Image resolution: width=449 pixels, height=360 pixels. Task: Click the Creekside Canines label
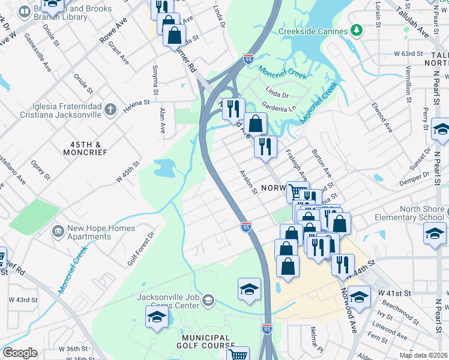313,31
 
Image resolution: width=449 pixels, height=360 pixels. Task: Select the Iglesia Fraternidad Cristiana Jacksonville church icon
109,109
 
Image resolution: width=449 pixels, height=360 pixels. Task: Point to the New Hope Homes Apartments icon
58,230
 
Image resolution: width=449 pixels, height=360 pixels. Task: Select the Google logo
20,353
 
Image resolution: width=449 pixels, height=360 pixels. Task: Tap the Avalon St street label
248,182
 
